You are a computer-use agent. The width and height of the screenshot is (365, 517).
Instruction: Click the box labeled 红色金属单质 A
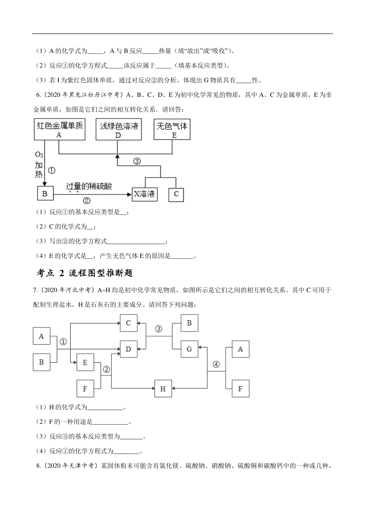point(60,129)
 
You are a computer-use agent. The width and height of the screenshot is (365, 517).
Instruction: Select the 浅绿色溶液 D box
point(119,129)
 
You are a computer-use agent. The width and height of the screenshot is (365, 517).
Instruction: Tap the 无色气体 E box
point(172,129)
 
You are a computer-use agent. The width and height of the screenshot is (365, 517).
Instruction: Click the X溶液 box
point(145,194)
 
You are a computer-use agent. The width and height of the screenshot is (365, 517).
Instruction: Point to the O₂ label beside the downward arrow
point(39,155)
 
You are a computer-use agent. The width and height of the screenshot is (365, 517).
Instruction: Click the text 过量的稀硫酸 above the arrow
point(89,186)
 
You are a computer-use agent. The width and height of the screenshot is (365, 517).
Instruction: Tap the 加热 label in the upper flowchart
point(39,170)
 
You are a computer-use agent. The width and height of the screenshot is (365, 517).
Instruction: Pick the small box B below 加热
point(45,194)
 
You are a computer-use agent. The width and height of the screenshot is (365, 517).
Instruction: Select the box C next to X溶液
point(176,194)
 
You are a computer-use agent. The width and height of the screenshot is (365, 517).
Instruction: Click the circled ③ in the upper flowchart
point(137,161)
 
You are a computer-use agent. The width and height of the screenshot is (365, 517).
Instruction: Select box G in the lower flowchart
point(189,349)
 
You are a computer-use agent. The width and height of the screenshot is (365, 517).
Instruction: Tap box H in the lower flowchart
point(163,389)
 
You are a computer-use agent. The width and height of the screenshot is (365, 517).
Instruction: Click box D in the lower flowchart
point(128,349)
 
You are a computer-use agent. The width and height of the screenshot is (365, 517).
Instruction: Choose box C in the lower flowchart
point(128,323)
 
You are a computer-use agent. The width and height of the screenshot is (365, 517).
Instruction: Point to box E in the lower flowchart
point(85,362)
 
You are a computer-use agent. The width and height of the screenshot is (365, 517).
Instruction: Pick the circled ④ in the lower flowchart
point(216,364)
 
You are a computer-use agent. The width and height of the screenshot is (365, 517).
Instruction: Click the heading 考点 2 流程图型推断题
point(85,273)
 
